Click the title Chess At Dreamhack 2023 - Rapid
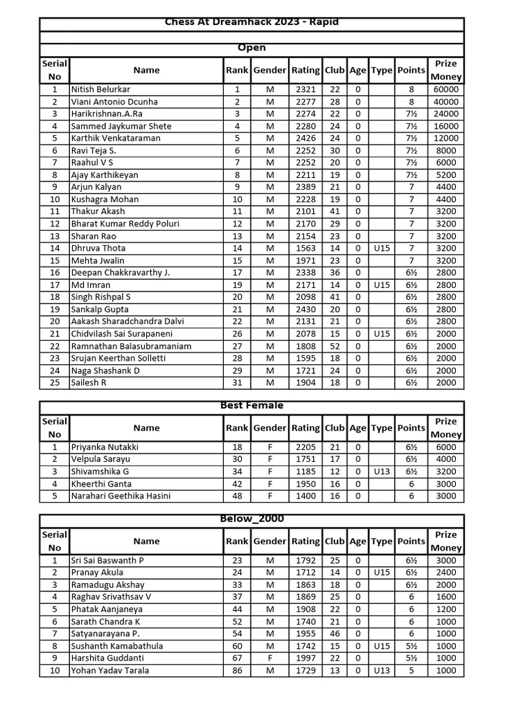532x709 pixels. point(251,23)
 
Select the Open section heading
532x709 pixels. point(251,48)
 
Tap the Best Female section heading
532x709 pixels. point(251,406)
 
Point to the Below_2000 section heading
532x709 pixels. point(251,519)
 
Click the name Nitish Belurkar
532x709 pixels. point(100,89)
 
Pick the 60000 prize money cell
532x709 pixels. point(446,89)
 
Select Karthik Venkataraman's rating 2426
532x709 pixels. point(305,138)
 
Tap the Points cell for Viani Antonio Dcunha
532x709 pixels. point(411,102)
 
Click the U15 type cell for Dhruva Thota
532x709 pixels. point(382,248)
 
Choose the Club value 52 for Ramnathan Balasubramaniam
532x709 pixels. point(335,346)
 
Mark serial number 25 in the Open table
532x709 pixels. point(54,383)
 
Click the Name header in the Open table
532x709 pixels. point(146,70)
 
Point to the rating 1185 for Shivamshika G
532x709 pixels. point(305,472)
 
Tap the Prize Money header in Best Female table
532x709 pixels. point(446,428)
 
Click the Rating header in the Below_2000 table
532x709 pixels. point(305,541)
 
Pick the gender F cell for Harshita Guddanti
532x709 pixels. point(269,658)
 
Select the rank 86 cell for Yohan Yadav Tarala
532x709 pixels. point(237,670)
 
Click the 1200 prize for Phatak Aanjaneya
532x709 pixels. point(446,609)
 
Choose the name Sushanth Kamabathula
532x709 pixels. point(117,646)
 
